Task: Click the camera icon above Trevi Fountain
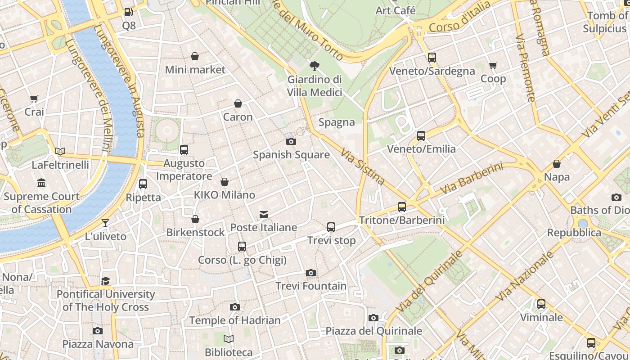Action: (310, 273)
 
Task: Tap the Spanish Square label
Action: (291, 155)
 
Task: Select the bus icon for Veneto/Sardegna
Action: (432, 58)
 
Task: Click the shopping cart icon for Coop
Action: (493, 66)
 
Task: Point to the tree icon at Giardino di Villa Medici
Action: (315, 66)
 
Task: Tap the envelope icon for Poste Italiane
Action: (264, 215)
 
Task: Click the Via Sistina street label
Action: (363, 167)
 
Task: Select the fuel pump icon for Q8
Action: (129, 13)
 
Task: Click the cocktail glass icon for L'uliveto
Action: (105, 223)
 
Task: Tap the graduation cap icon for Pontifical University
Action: (106, 281)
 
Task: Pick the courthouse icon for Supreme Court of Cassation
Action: (42, 183)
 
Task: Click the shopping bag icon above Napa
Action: (557, 164)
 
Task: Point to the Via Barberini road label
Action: (471, 179)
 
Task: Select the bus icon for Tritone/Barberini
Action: (402, 207)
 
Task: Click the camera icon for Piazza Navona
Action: (98, 331)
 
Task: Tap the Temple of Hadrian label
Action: (235, 320)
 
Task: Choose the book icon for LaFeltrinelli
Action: (60, 152)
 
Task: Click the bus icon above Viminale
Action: (541, 304)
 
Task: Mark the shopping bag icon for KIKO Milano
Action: (225, 182)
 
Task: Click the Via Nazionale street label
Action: (524, 276)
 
